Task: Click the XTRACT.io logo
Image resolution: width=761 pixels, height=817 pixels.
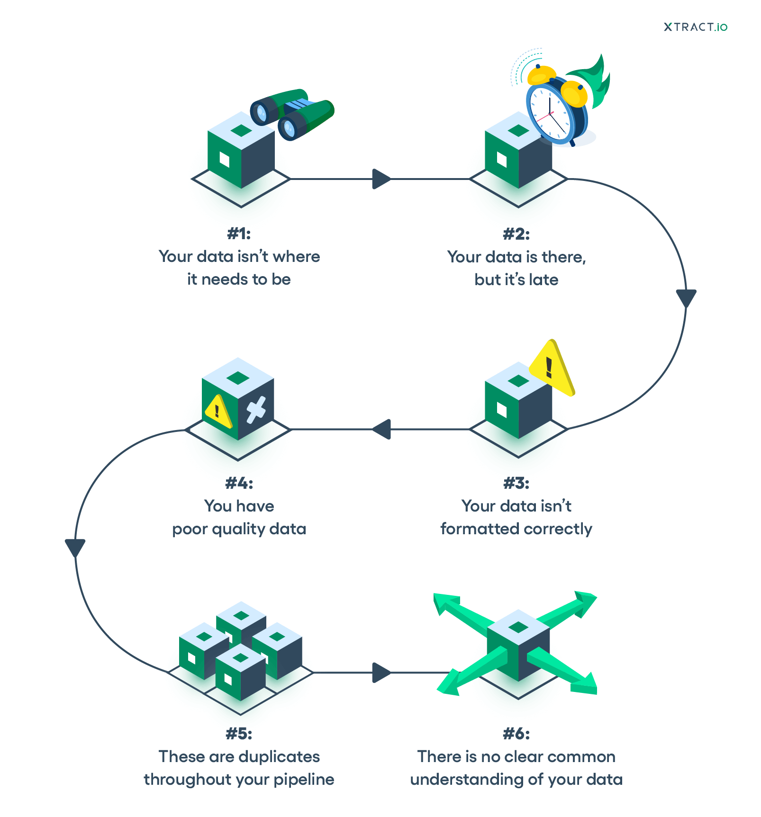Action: (x=695, y=27)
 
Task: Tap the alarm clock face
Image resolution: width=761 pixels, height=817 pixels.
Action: (x=550, y=114)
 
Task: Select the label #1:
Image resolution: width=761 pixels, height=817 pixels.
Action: (x=239, y=233)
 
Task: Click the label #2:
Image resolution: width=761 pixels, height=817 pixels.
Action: (x=516, y=234)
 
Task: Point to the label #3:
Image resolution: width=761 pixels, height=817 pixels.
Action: (x=516, y=484)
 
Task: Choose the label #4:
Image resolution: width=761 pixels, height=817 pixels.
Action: (x=239, y=484)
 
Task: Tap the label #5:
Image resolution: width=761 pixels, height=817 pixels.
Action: (x=239, y=734)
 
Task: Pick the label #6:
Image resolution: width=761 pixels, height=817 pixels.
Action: (x=516, y=734)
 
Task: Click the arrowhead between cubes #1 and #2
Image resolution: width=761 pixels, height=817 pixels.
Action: (x=380, y=179)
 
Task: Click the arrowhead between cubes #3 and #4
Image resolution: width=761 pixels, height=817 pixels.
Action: (x=382, y=429)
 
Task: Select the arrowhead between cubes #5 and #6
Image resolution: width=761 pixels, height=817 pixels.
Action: (x=380, y=673)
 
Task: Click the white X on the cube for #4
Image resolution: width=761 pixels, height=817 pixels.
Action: (x=256, y=410)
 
